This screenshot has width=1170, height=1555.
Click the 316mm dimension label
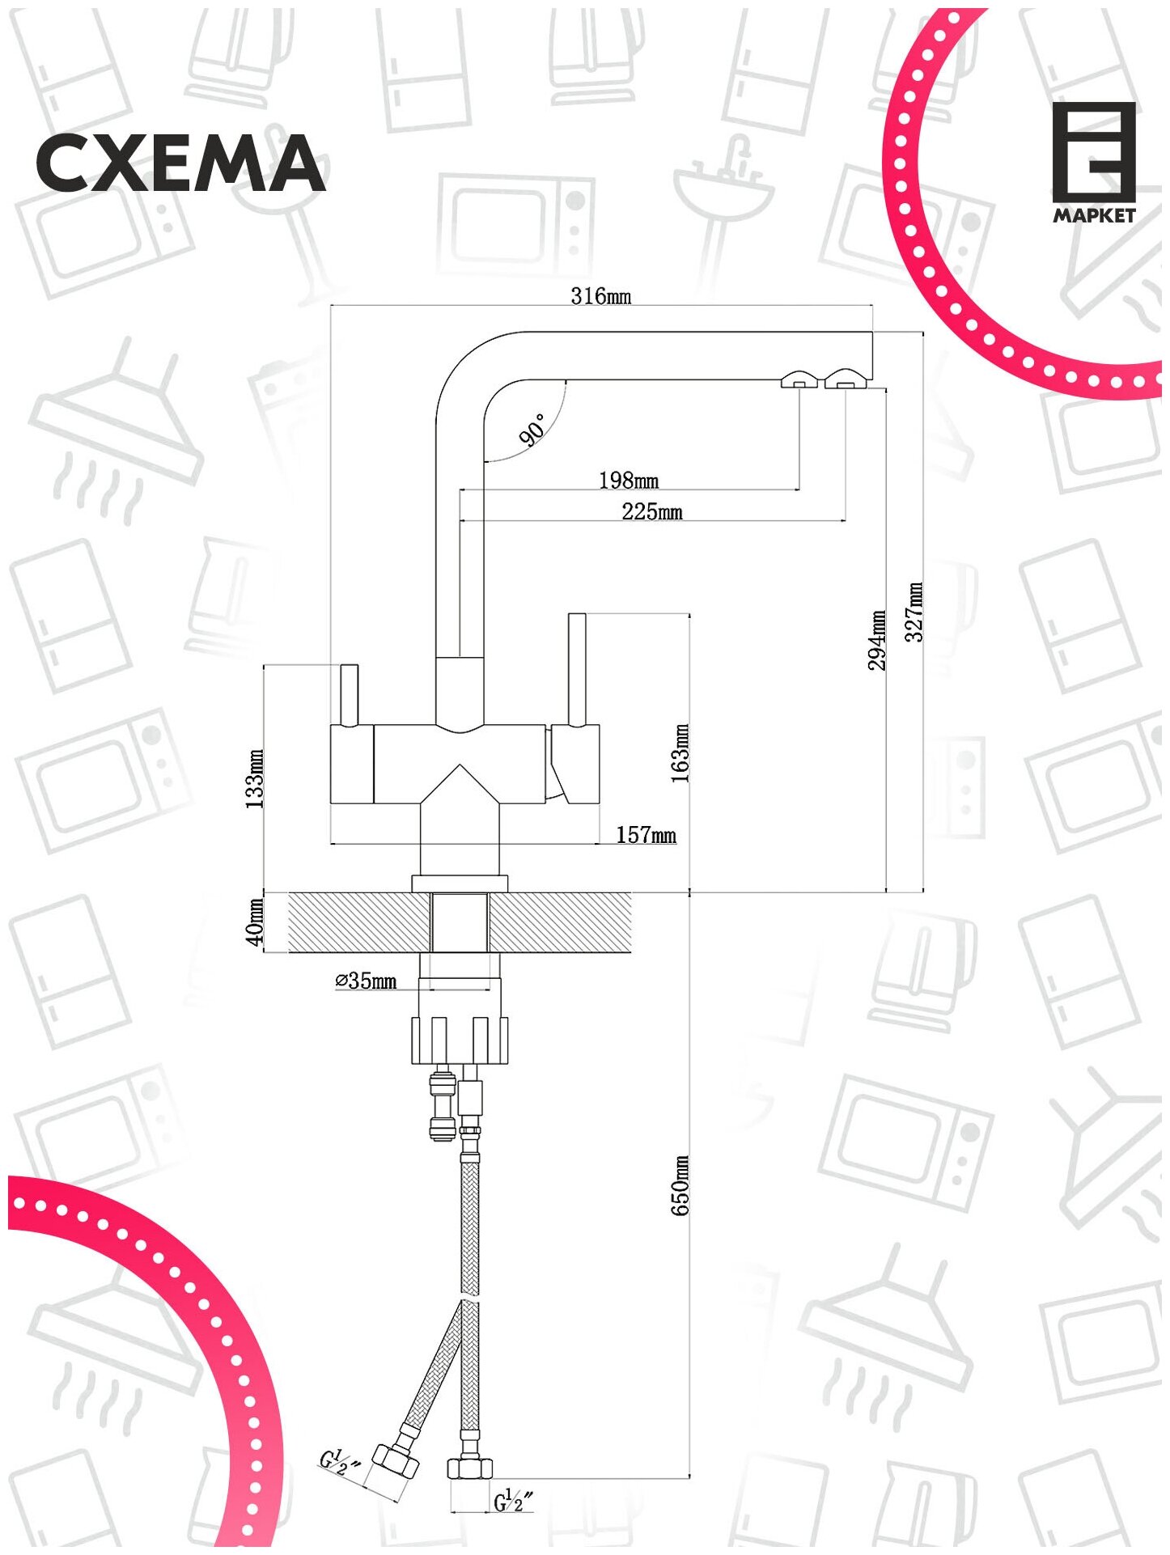point(600,296)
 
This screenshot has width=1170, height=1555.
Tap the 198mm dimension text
point(629,481)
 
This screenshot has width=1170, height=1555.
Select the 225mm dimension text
point(652,512)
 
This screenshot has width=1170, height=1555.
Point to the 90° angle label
point(533,430)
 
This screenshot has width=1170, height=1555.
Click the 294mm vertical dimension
point(877,640)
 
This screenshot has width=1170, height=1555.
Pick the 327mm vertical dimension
point(914,612)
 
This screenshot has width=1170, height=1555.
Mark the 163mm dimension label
point(680,753)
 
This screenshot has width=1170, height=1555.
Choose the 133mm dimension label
point(254,779)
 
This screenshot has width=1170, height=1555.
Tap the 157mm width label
point(646,835)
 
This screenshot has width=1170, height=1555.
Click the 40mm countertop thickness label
point(255,922)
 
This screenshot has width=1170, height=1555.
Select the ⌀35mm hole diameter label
point(367,981)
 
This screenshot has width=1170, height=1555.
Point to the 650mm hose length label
point(680,1185)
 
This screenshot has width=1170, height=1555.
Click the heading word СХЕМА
point(180,164)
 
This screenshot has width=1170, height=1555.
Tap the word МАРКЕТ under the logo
point(1094,216)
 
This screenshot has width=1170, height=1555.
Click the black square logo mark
point(1093,152)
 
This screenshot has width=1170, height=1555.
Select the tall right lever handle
point(577,670)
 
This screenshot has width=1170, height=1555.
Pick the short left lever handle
point(350,695)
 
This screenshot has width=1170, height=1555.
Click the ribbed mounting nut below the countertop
point(460,1040)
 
